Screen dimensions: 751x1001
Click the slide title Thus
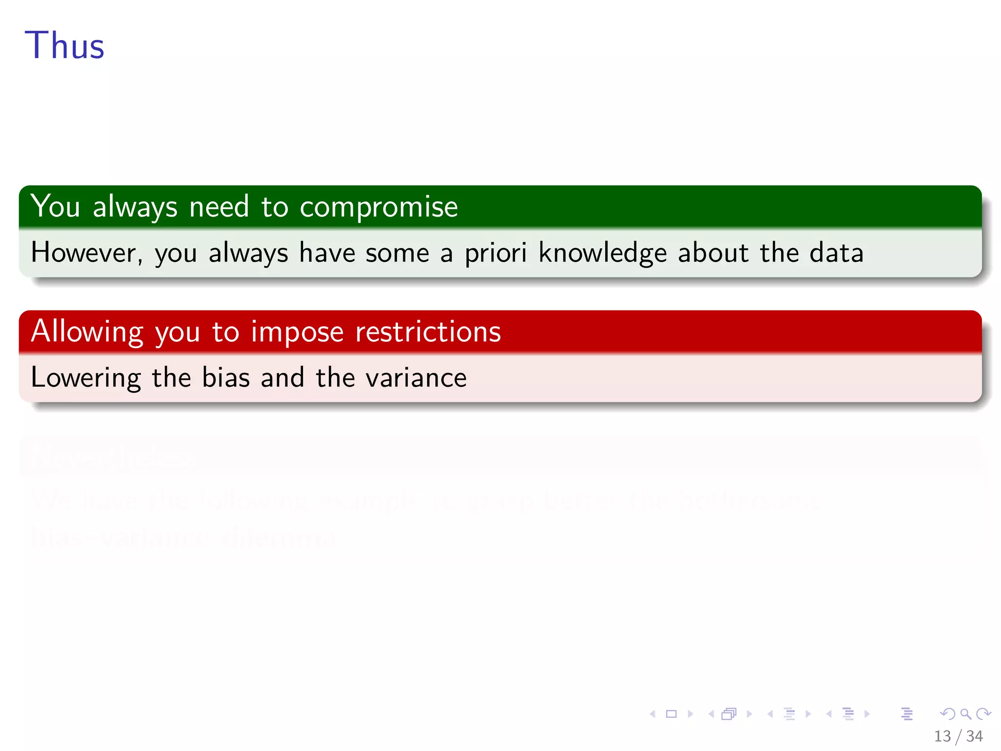click(65, 45)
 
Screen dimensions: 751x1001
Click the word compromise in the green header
click(379, 207)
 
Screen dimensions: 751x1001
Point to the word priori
click(496, 253)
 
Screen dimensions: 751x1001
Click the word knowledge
click(602, 253)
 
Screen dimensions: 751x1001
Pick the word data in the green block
click(836, 253)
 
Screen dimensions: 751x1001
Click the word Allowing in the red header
click(87, 332)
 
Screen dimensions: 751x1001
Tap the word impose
click(297, 332)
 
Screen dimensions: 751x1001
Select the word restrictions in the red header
click(428, 332)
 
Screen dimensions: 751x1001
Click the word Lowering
click(86, 378)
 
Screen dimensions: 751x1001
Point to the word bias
click(226, 378)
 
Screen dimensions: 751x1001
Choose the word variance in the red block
click(416, 378)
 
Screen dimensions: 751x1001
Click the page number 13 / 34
click(958, 736)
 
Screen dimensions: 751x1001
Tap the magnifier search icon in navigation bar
click(965, 714)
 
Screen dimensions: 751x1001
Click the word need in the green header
click(219, 207)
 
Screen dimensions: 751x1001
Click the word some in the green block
click(397, 253)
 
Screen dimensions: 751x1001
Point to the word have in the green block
click(327, 253)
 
